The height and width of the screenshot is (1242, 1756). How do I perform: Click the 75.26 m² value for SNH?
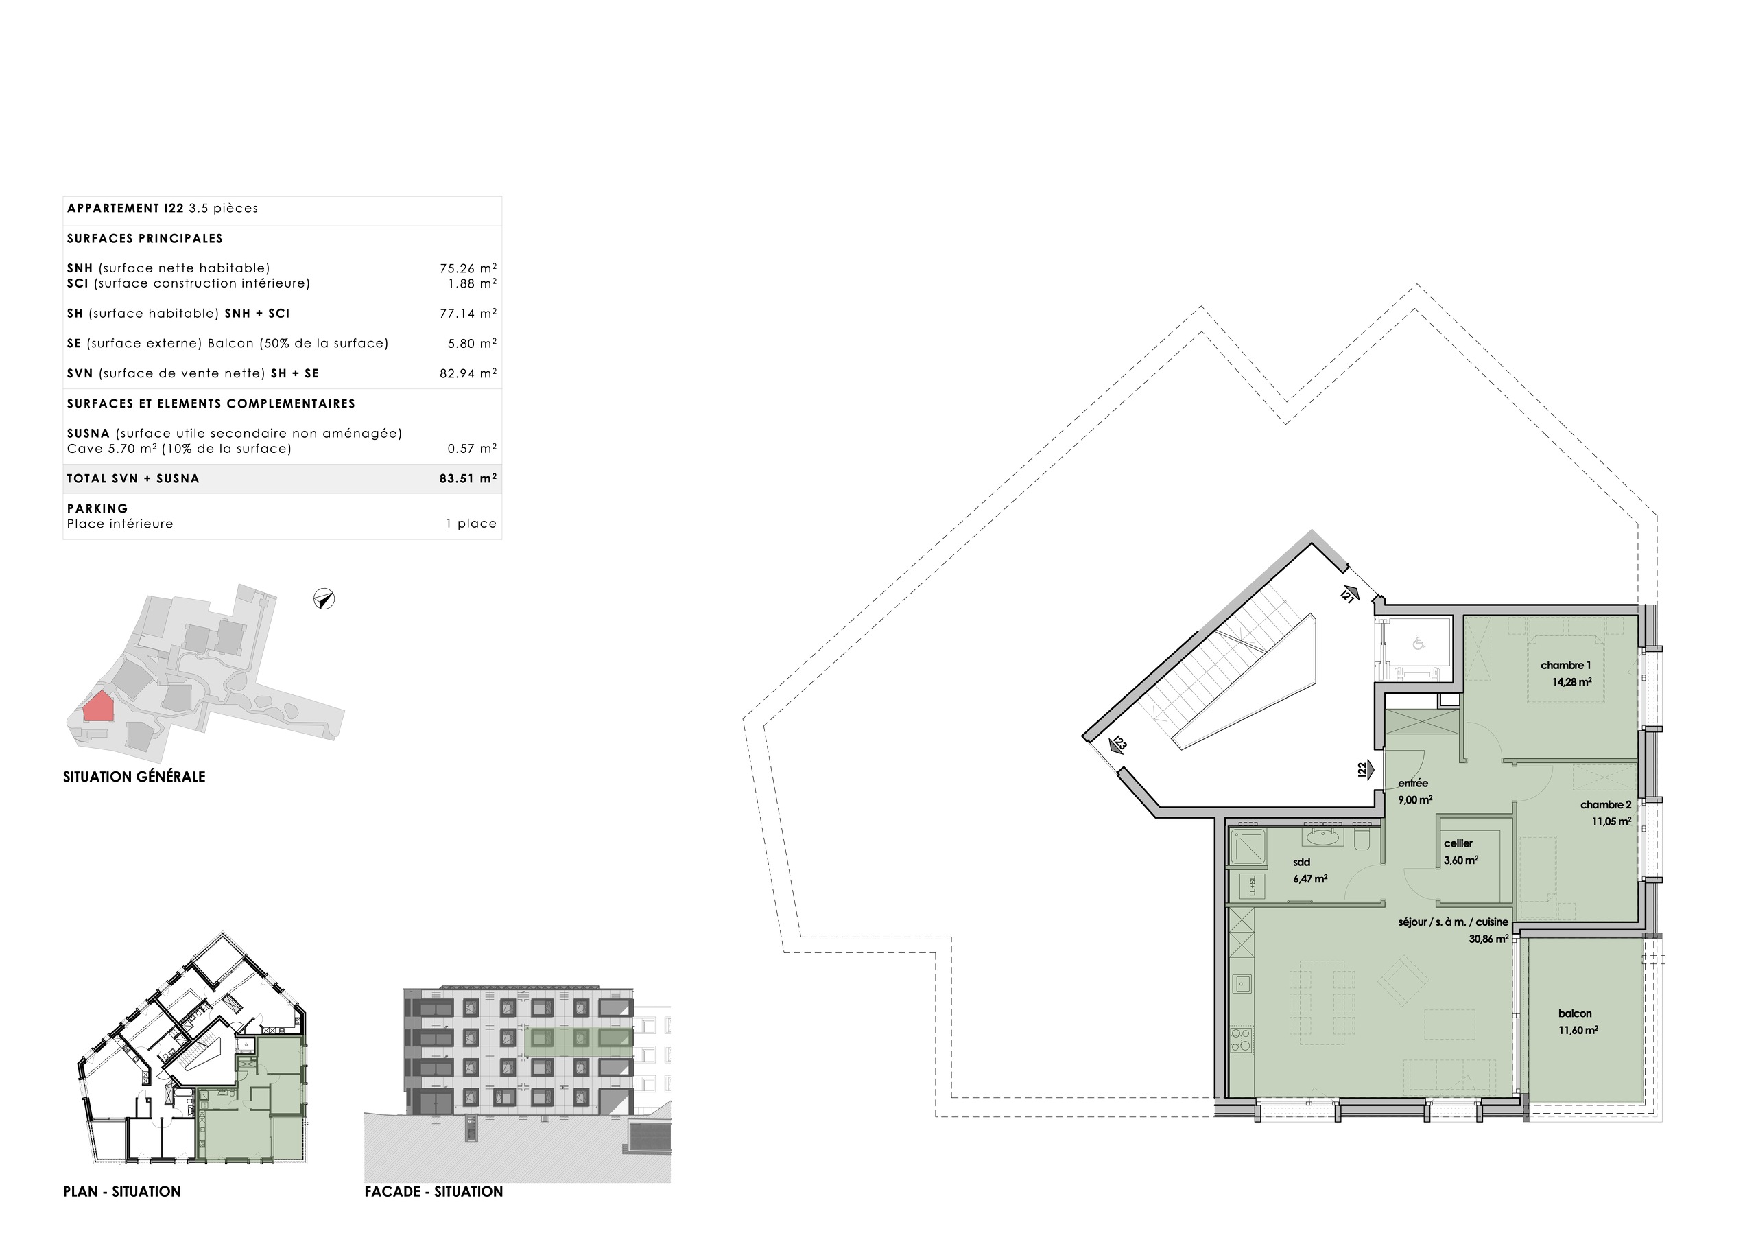[x=468, y=268]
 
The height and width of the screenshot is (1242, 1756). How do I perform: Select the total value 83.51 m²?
[x=468, y=478]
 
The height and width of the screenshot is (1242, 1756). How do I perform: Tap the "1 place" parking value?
[x=471, y=524]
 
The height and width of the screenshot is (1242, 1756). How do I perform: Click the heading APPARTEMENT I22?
[x=126, y=208]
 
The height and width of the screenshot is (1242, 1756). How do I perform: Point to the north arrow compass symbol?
[x=324, y=599]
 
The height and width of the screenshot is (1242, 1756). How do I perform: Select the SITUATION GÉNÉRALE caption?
[x=134, y=777]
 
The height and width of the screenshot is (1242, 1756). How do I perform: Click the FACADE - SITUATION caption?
[x=434, y=1191]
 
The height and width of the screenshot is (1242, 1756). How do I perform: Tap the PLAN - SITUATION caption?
[x=121, y=1191]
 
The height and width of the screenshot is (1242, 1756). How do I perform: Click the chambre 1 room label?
[x=1565, y=665]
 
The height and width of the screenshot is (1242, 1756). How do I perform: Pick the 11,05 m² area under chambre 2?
[x=1611, y=822]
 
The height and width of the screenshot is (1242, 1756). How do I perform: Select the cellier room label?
[x=1458, y=843]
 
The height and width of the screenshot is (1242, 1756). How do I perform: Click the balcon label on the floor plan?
[x=1575, y=1013]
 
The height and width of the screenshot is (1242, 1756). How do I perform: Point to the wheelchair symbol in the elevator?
[x=1419, y=643]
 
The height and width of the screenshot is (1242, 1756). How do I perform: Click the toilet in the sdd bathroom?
[x=1362, y=838]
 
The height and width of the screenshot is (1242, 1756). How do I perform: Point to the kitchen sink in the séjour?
[x=1242, y=983]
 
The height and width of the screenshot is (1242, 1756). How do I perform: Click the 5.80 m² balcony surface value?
[x=472, y=344]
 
